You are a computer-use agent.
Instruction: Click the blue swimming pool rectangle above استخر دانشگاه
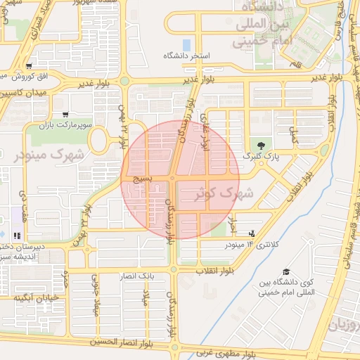(x=186, y=45)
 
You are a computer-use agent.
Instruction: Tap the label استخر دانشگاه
(x=188, y=56)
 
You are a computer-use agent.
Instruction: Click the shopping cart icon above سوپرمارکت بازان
(x=65, y=114)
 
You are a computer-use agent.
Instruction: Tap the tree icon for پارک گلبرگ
(x=264, y=143)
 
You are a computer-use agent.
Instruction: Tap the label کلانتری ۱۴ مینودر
(x=247, y=245)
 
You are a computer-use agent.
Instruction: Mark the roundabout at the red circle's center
(x=172, y=180)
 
